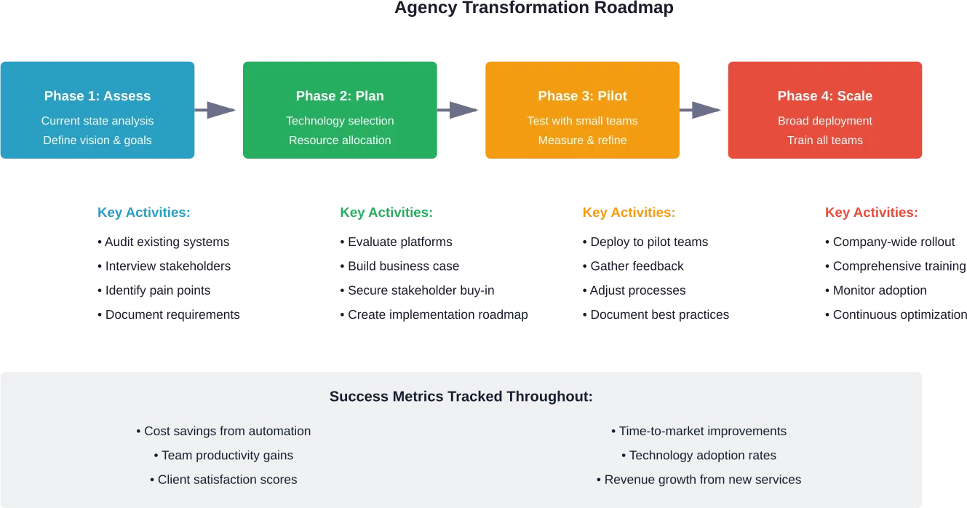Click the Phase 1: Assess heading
pyautogui.click(x=98, y=96)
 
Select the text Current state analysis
pyautogui.click(x=98, y=121)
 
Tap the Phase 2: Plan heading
pyautogui.click(x=340, y=96)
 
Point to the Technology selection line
pyautogui.click(x=340, y=121)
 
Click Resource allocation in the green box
pyautogui.click(x=340, y=140)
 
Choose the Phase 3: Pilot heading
pyautogui.click(x=582, y=96)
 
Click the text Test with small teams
pyautogui.click(x=582, y=121)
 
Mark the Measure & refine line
pyautogui.click(x=582, y=140)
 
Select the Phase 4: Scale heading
pyautogui.click(x=824, y=96)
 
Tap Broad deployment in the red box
pyautogui.click(x=824, y=121)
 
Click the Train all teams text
pyautogui.click(x=824, y=140)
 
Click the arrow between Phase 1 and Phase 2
pyautogui.click(x=218, y=111)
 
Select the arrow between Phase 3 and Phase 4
pyautogui.click(x=704, y=111)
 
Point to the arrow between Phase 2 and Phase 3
pyautogui.click(x=461, y=111)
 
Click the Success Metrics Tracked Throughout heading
pyautogui.click(x=461, y=397)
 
